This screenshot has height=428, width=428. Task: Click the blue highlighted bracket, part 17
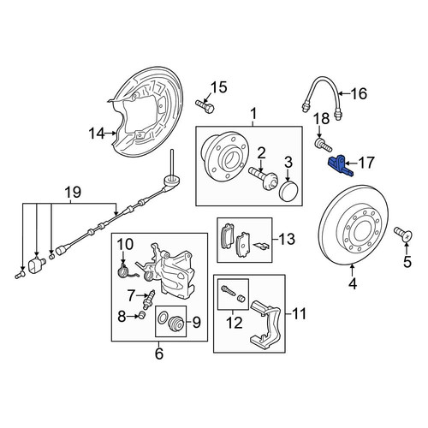pyautogui.click(x=340, y=166)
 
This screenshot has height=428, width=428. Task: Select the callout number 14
pyautogui.click(x=97, y=134)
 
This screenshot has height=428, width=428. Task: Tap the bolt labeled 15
pyautogui.click(x=205, y=106)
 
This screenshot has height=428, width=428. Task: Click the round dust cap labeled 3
pyautogui.click(x=288, y=190)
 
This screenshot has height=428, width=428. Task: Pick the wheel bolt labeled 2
pyautogui.click(x=263, y=179)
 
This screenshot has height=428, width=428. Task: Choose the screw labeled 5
pyautogui.click(x=403, y=234)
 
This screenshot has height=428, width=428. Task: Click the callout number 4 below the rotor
pyautogui.click(x=353, y=283)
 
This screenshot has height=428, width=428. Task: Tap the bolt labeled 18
pyautogui.click(x=323, y=145)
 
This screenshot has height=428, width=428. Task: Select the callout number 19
pyautogui.click(x=74, y=193)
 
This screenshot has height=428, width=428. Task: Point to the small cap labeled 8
pyautogui.click(x=142, y=315)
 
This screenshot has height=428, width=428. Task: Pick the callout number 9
pyautogui.click(x=197, y=323)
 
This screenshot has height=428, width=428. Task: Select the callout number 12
pyautogui.click(x=235, y=323)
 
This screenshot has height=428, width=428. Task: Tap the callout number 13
pyautogui.click(x=287, y=239)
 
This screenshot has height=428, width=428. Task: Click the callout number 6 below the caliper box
pyautogui.click(x=159, y=354)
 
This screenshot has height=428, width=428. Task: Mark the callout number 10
pyautogui.click(x=125, y=244)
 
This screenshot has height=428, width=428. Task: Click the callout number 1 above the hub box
pyautogui.click(x=253, y=114)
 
